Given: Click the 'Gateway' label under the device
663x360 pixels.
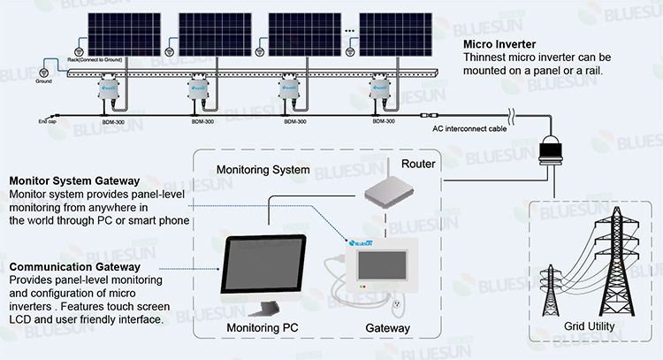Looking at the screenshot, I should pos(388,328).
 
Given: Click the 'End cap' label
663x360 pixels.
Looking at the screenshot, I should pos(48,121).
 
